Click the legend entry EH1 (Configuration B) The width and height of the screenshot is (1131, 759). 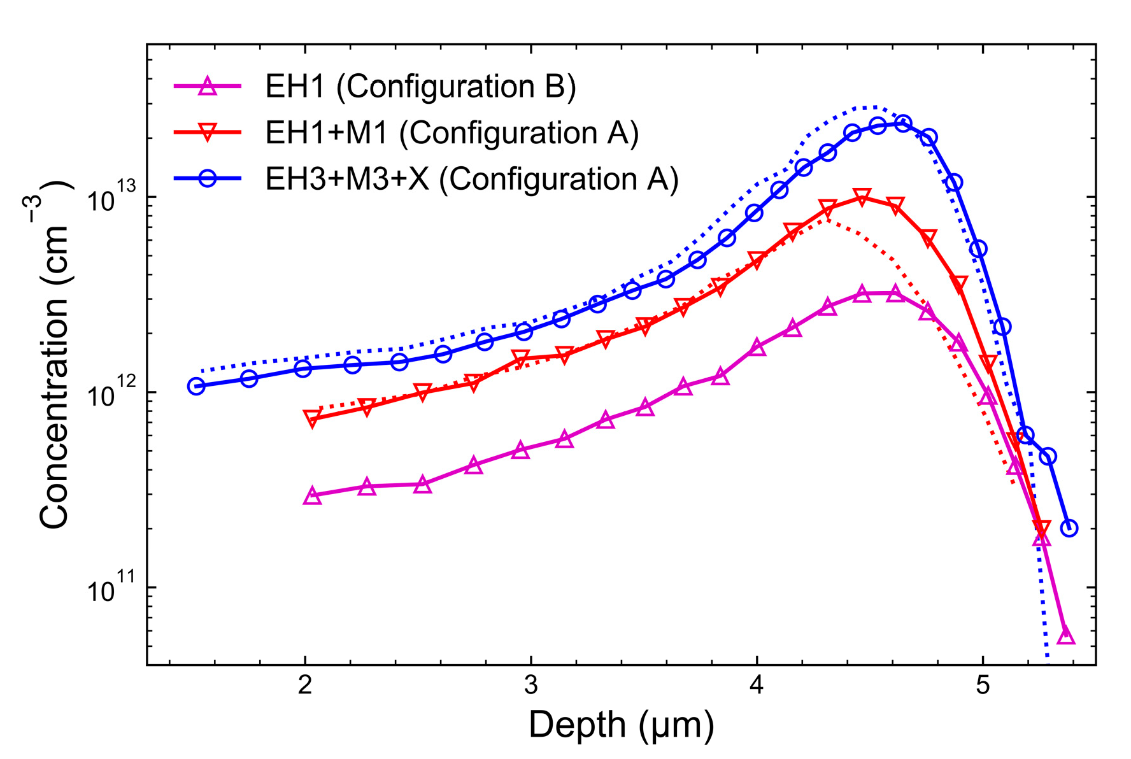420,87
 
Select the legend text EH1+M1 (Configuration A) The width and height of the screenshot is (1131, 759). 452,133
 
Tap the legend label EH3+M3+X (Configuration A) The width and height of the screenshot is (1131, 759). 471,179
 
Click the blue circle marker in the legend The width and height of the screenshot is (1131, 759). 208,178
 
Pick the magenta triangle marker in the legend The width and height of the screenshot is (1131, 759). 208,87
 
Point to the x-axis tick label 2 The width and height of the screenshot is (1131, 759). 305,685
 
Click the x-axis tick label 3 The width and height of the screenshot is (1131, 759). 530,685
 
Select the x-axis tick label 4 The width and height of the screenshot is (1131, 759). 757,685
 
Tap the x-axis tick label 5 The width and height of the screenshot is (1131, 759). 983,685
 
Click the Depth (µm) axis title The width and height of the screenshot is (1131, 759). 621,725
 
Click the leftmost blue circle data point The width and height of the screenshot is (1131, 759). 196,387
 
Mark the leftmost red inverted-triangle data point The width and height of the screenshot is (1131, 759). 312,418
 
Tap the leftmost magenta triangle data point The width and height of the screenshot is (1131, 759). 312,496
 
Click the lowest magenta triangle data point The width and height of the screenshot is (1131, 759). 1066,635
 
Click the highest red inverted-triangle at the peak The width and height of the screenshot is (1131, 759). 862,197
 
